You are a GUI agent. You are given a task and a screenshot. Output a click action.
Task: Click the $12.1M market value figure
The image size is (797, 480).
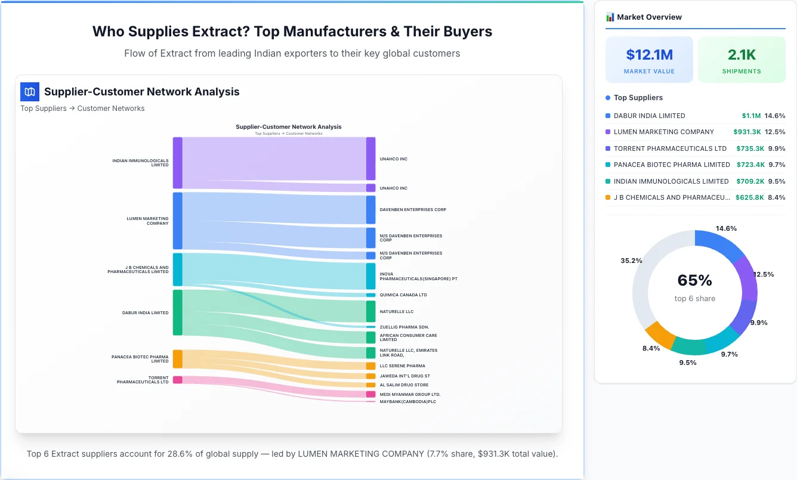pyautogui.click(x=649, y=55)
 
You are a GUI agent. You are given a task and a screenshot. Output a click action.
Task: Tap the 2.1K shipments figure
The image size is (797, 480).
pyautogui.click(x=742, y=55)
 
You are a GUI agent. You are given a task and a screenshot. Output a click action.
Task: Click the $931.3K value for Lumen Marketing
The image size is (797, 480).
pyautogui.click(x=747, y=132)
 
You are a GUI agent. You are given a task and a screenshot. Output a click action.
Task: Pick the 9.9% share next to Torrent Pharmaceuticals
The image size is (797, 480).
pyautogui.click(x=776, y=148)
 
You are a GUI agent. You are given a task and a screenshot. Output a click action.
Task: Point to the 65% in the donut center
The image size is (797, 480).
pyautogui.click(x=694, y=280)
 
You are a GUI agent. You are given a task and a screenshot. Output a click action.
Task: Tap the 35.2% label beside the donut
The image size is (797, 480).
pyautogui.click(x=631, y=261)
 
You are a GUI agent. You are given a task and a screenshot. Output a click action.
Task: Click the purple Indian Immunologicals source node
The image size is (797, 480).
pyautogui.click(x=178, y=163)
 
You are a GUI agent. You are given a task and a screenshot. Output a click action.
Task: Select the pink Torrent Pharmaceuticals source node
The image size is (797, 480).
pyautogui.click(x=178, y=380)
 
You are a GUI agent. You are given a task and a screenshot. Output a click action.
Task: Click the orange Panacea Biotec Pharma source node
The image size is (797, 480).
pyautogui.click(x=178, y=359)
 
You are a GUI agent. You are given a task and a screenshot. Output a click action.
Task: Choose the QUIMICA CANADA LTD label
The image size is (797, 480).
pyautogui.click(x=403, y=295)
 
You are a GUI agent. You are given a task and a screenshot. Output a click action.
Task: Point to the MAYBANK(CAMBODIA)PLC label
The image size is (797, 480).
pyautogui.click(x=408, y=402)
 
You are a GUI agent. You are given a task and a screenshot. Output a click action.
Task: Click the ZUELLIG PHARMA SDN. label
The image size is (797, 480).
pyautogui.click(x=404, y=327)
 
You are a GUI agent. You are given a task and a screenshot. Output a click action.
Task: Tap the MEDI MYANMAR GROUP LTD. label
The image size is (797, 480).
pyautogui.click(x=410, y=394)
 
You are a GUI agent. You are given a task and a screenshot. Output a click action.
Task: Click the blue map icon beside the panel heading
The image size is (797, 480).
pyautogui.click(x=30, y=92)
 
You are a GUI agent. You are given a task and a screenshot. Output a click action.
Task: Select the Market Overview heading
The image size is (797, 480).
pyautogui.click(x=649, y=17)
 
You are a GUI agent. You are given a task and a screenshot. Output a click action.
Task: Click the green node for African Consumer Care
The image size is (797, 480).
pyautogui.click(x=371, y=337)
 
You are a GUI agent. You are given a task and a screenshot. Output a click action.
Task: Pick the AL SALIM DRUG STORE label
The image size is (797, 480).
pyautogui.click(x=404, y=385)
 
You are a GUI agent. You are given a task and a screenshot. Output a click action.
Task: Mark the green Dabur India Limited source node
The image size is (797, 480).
pyautogui.click(x=178, y=312)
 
